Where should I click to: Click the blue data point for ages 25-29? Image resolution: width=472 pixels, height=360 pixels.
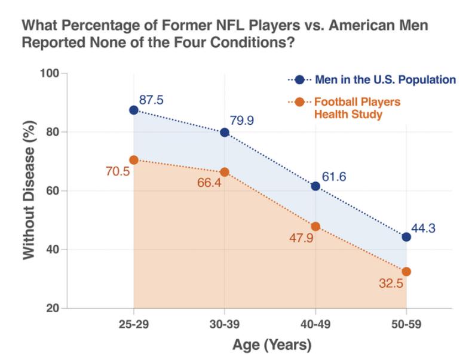click(133, 110)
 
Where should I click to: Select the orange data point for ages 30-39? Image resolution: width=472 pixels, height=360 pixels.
click(225, 172)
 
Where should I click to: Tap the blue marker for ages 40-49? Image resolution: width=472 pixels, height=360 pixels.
click(315, 186)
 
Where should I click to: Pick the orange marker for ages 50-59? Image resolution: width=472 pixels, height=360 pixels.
click(406, 272)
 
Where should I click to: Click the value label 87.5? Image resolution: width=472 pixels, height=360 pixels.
click(151, 99)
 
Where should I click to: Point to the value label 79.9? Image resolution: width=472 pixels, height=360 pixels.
click(242, 121)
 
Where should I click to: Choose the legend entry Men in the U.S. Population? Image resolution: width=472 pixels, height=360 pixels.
click(382, 79)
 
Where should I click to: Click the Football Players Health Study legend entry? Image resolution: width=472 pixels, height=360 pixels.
click(357, 107)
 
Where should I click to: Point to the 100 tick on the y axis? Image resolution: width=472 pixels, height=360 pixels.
click(54, 73)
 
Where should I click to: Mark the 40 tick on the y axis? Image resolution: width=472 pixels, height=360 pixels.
click(56, 250)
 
